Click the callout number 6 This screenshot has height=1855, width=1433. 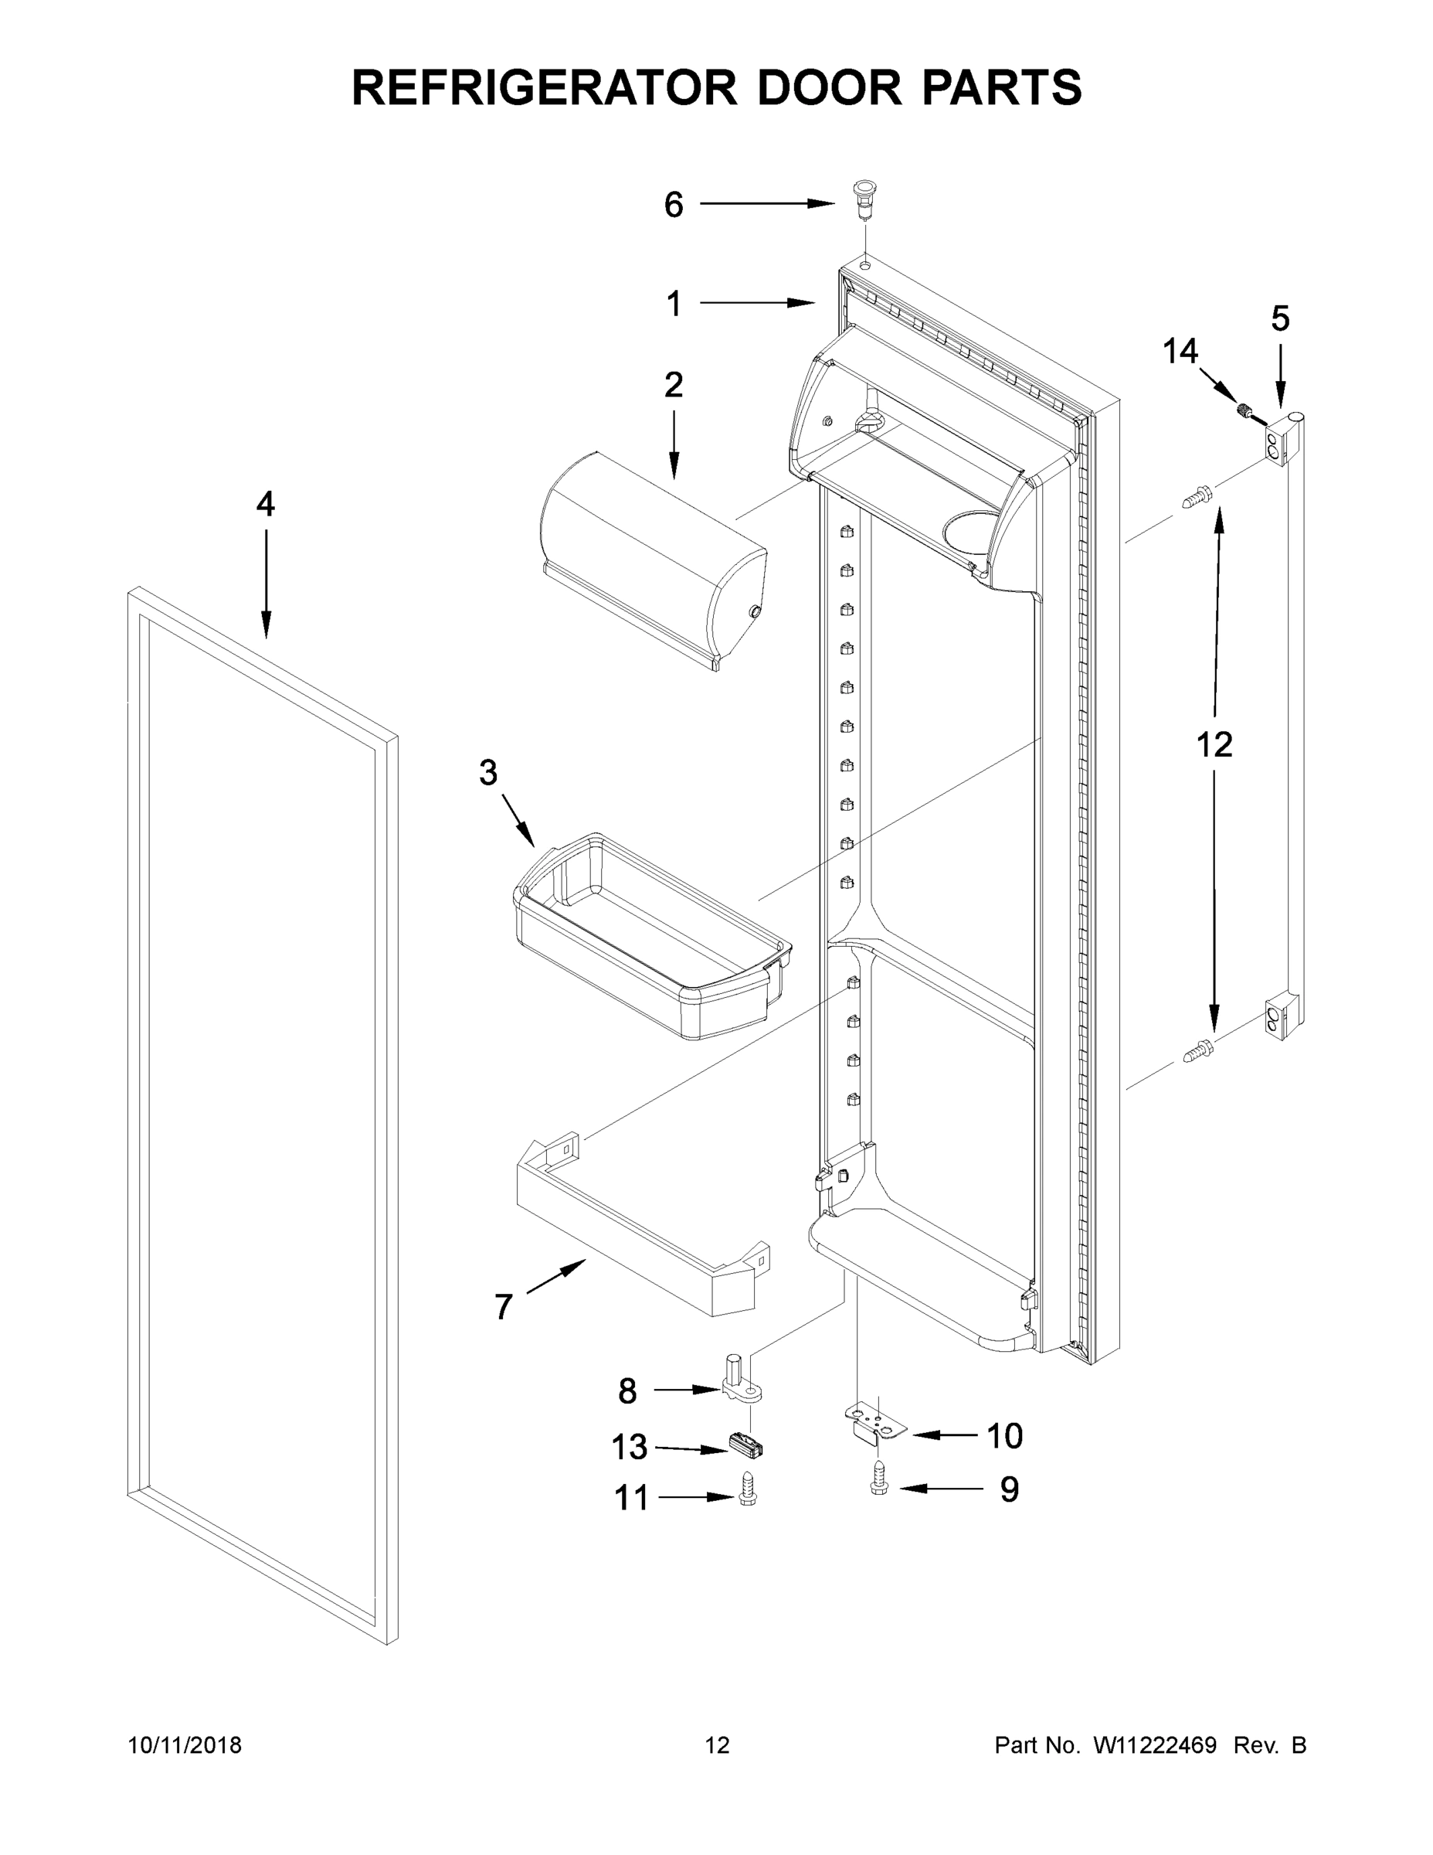673,205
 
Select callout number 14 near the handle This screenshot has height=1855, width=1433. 1180,351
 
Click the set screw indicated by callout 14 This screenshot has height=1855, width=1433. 1243,413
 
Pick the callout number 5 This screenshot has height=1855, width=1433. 1280,318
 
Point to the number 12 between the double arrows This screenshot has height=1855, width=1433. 1214,745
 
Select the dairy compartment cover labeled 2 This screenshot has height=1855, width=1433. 654,560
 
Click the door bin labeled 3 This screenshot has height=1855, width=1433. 654,934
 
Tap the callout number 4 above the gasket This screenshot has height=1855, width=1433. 266,505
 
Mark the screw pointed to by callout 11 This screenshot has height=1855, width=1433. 747,1496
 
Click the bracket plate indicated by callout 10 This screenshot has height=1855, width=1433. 874,1424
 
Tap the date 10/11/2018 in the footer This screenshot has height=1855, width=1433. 185,1744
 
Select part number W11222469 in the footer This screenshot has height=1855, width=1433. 1155,1744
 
